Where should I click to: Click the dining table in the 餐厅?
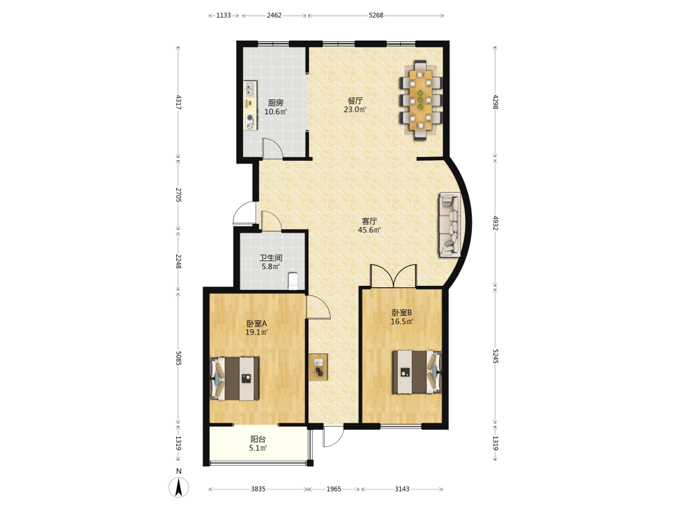(421, 101)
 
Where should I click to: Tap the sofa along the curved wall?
(450, 224)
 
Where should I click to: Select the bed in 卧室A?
(235, 378)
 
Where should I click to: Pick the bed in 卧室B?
(416, 372)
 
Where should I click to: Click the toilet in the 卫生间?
(293, 281)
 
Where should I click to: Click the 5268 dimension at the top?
(376, 15)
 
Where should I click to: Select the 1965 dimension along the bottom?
(333, 489)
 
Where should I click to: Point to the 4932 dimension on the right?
(495, 222)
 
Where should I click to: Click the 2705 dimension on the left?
(178, 195)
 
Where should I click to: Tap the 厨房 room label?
(275, 103)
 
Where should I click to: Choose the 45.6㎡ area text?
(369, 230)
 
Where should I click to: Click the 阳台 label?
(258, 439)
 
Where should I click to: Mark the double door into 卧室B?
(394, 276)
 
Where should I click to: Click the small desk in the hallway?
(318, 367)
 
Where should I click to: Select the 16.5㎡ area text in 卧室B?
(402, 322)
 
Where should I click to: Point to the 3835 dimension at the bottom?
(259, 489)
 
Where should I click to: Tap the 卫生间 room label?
(271, 258)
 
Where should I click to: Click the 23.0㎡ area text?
(355, 110)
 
